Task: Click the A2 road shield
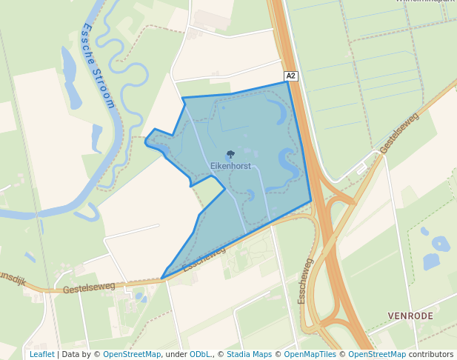coord(291,76)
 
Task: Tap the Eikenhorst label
coord(230,166)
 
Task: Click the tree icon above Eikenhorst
coord(230,155)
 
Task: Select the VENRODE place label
coord(410,316)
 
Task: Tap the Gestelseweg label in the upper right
coord(400,134)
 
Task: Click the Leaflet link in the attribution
coord(41,354)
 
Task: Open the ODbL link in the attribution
coord(200,354)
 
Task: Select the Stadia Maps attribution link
coord(250,354)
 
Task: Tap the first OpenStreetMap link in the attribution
coord(131,354)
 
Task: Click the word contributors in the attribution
coord(431,354)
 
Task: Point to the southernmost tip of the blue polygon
coord(162,279)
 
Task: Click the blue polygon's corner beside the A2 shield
coord(287,82)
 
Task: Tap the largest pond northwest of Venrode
coord(441,244)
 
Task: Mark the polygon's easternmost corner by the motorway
coord(311,200)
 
